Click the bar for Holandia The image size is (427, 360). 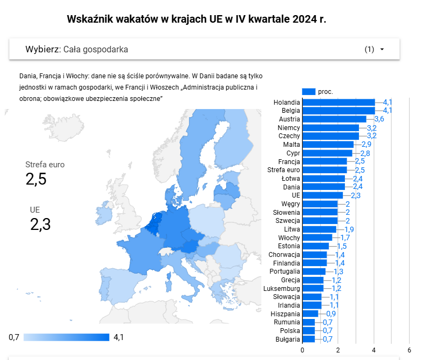[x=338, y=102]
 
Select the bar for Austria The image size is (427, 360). [x=334, y=119]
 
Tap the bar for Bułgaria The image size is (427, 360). [x=308, y=339]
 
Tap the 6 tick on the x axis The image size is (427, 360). [x=409, y=350]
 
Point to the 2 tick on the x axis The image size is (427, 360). [x=338, y=350]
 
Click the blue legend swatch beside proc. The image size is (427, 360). [x=309, y=92]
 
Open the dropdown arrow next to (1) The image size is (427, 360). [x=382, y=50]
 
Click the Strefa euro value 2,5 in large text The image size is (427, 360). [x=36, y=179]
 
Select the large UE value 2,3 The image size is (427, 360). [x=40, y=225]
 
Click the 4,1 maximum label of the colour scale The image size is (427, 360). [x=119, y=338]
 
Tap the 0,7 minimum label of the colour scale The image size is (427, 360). [x=14, y=338]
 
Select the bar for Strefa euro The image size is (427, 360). [x=324, y=170]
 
